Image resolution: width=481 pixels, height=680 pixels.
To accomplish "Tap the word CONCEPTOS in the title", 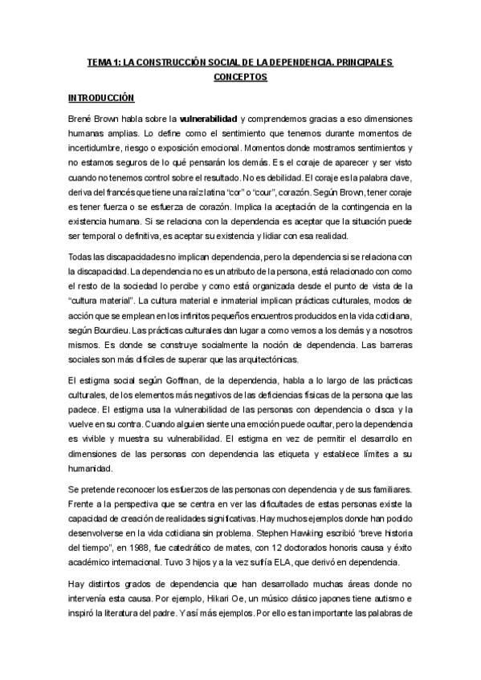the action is pyautogui.click(x=240, y=77).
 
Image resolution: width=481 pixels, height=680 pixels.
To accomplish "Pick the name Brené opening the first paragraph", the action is pyautogui.click(x=81, y=118).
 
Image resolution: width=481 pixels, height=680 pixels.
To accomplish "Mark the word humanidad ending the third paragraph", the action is pyautogui.click(x=90, y=467).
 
